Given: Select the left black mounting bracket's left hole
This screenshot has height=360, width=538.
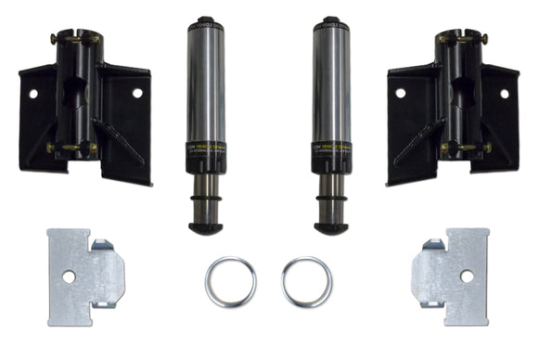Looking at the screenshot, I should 32,94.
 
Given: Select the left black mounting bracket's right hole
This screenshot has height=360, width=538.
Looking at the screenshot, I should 137,93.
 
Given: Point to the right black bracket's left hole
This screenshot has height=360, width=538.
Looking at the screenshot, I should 400,93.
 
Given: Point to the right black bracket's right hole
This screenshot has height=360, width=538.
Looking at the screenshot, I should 506,94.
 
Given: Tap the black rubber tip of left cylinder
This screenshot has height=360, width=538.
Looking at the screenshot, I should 206,226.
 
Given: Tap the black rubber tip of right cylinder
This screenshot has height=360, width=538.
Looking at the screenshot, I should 331,226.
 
